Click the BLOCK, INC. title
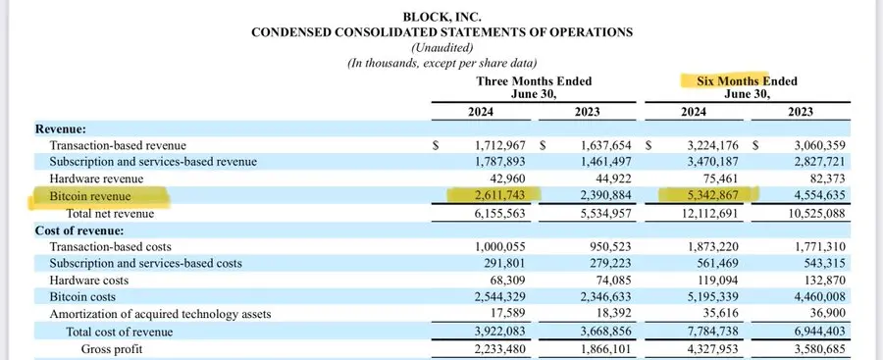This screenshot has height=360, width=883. coord(441,16)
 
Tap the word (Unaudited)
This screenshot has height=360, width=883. coord(441,47)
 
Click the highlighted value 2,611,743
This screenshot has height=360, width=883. coord(496,196)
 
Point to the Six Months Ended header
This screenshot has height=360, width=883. coord(740,80)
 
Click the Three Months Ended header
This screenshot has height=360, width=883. coord(534,80)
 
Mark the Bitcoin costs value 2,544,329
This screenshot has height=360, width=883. coord(496,297)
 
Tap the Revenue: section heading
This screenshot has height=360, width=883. coord(61,129)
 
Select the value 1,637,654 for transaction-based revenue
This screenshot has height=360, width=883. coord(602,145)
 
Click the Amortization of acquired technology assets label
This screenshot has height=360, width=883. coord(160,314)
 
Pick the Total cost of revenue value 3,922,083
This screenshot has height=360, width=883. coord(496,332)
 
